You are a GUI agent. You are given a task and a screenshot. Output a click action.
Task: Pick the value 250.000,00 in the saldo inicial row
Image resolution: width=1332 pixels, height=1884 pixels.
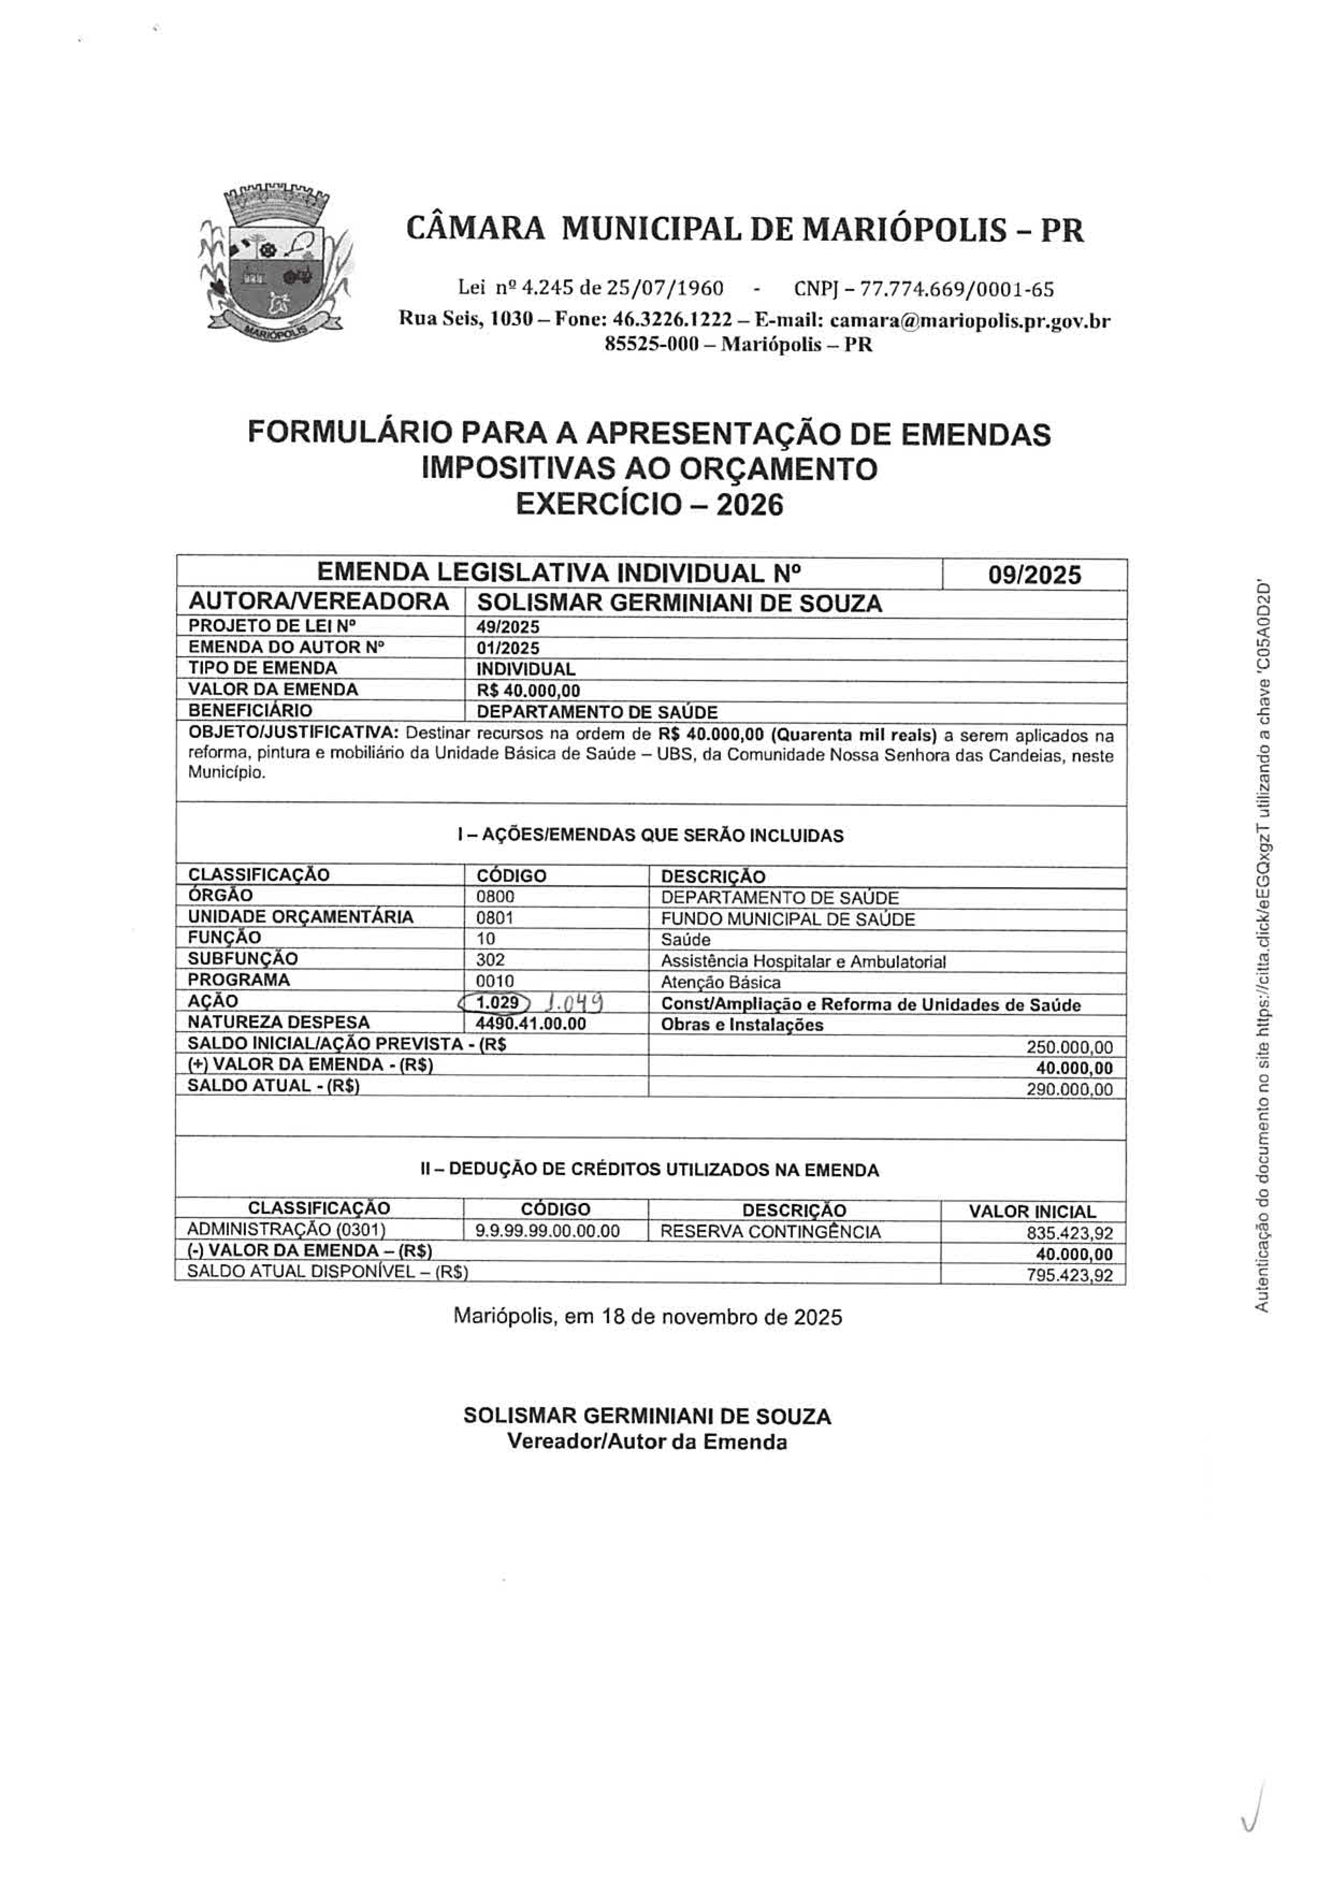point(1069,1047)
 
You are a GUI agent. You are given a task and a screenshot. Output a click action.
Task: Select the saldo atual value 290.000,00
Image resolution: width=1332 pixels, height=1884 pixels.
point(1069,1090)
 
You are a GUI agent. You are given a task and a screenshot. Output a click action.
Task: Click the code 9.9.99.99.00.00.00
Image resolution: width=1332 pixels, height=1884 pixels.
point(547,1231)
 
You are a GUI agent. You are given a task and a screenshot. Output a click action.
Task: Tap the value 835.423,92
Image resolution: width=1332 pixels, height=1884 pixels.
point(1069,1233)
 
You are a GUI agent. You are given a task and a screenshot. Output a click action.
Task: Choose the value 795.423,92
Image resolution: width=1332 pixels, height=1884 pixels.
point(1069,1275)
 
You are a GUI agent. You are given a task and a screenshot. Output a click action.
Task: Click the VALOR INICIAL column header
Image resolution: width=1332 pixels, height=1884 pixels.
point(1032,1211)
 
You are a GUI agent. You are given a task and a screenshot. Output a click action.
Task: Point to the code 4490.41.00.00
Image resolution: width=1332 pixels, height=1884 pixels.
point(531,1023)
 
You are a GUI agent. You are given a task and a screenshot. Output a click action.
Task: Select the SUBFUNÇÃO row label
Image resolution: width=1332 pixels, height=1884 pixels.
point(243,959)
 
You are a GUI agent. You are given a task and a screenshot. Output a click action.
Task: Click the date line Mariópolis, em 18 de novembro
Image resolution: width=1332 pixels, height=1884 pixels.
point(648,1317)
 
